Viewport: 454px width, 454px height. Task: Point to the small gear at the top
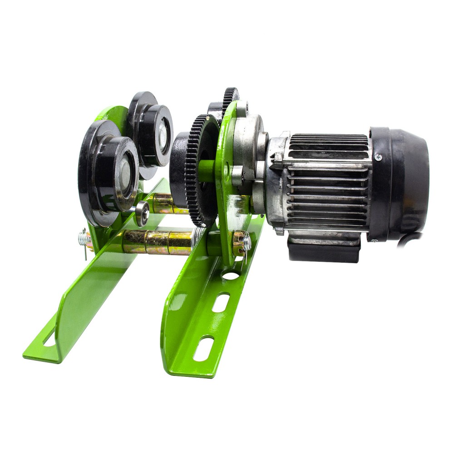(231, 98)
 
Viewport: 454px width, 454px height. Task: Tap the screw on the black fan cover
(378, 157)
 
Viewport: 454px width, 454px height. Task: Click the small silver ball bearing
(142, 213)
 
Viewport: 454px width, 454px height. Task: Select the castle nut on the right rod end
(239, 242)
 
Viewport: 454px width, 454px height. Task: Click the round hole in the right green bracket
(231, 276)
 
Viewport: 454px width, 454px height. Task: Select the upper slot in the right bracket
(221, 303)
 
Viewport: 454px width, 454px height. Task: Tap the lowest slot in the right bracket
(203, 348)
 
